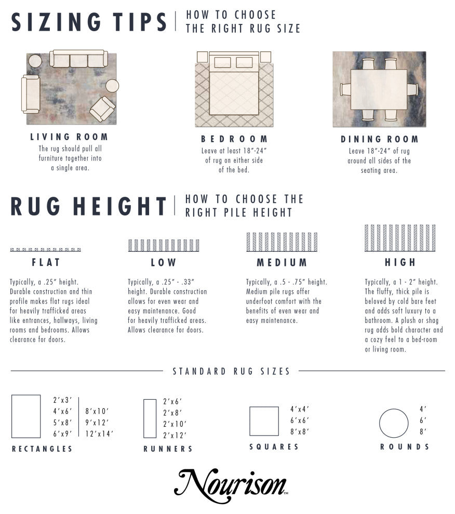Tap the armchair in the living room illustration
pos(102,109)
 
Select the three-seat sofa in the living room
pos(78,59)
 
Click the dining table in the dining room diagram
pos(379,89)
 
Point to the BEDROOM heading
pos(234,139)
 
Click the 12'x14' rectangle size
pos(99,434)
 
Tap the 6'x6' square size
pos(300,420)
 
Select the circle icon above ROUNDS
pos(394,423)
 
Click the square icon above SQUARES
pos(264,421)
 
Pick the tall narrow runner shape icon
pos(150,418)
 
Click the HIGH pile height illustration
pos(400,238)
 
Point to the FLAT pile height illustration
pos(46,250)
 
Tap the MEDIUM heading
pos(282,263)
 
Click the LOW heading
pos(164,263)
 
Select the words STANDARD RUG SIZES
pos(231,371)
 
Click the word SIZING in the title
pos(56,22)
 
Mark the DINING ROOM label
pos(380,139)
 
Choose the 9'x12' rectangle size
pos(97,423)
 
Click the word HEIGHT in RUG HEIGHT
pos(120,207)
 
